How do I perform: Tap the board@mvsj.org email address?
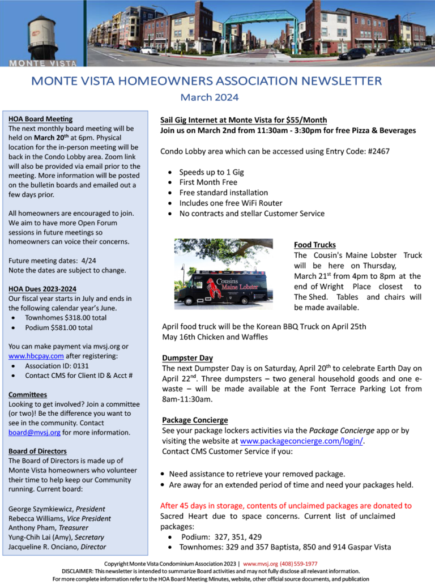coord(34,432)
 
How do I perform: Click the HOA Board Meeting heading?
coord(40,119)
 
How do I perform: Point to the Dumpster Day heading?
coord(187,358)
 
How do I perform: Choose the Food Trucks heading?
coord(315,245)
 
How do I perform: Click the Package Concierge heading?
coord(195,420)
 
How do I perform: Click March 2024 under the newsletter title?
coord(210,97)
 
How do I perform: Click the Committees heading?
coord(28,394)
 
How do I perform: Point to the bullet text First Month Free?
coord(208,182)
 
